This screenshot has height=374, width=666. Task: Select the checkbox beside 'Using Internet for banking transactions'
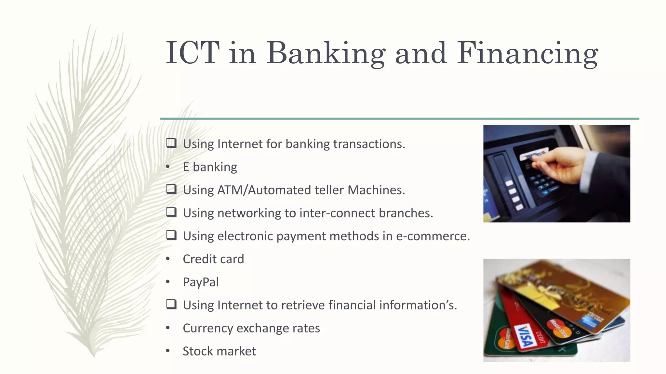(x=171, y=143)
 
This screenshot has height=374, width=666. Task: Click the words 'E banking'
(x=210, y=167)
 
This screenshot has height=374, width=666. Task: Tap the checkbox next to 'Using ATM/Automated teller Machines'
(x=171, y=189)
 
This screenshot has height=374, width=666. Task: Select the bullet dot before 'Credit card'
(x=168, y=259)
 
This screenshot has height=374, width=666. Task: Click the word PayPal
(x=201, y=282)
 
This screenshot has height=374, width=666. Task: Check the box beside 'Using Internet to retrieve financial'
(x=171, y=305)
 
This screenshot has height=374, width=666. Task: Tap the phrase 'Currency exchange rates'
(x=251, y=328)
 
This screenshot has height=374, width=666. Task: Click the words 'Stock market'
(x=219, y=351)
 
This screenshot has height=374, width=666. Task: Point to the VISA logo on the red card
(x=526, y=336)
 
